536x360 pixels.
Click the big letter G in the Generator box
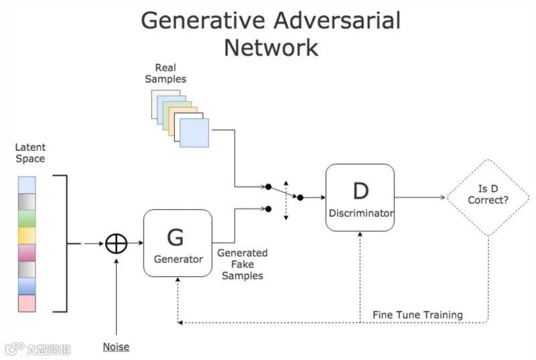tap(176, 237)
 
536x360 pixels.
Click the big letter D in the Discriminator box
tap(360, 191)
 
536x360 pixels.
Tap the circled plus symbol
tap(116, 243)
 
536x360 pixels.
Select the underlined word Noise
tap(116, 347)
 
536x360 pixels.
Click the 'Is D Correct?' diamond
tap(488, 197)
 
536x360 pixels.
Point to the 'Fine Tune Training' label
tap(417, 314)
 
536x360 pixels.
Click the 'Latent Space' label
tap(30, 153)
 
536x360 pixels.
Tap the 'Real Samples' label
tap(165, 73)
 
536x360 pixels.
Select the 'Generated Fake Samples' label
tap(243, 264)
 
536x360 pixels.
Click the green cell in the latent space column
tap(27, 219)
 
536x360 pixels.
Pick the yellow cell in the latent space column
tap(27, 235)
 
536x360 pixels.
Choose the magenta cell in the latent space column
tap(27, 253)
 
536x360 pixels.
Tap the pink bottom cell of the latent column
tap(27, 303)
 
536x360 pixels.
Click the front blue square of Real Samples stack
tap(194, 133)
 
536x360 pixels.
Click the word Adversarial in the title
tap(337, 20)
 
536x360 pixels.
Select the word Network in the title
tap(271, 48)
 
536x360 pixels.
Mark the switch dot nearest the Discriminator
tap(300, 197)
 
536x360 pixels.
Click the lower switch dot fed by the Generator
tap(269, 209)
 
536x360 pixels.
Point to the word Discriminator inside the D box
tap(361, 213)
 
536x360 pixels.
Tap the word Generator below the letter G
tap(178, 259)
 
